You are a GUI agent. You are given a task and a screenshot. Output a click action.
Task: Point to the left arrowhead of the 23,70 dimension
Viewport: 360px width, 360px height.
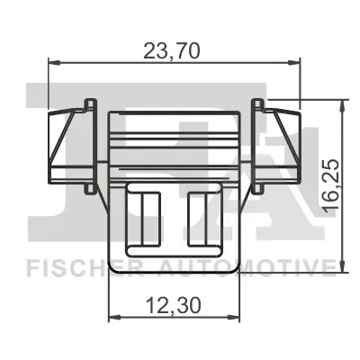[x=52, y=63]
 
